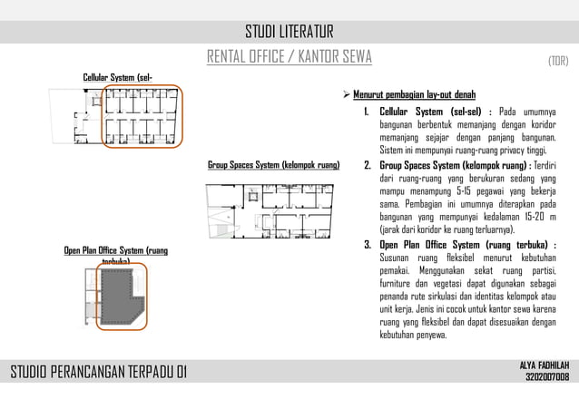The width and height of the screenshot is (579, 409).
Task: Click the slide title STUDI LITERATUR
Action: point(289,34)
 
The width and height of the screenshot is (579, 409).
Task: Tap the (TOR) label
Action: point(557,62)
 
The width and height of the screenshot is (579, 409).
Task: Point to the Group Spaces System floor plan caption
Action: point(273,166)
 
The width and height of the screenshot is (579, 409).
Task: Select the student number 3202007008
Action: point(547,377)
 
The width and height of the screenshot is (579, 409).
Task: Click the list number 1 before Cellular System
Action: point(366,112)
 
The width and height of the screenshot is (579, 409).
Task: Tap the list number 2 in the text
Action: point(367,167)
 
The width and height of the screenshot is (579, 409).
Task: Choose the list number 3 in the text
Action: point(367,245)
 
